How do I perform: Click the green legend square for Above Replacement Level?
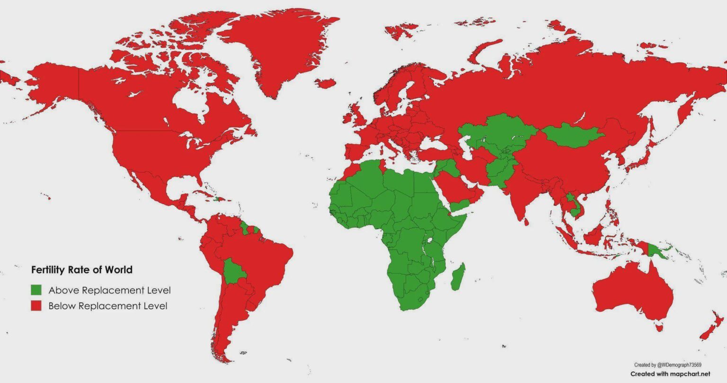pos(36,290)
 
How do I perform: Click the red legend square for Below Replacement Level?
pos(36,306)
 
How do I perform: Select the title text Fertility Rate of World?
pos(81,270)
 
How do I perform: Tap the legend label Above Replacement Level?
pos(109,290)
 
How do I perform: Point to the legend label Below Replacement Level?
pos(108,306)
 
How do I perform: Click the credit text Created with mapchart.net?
pos(670,374)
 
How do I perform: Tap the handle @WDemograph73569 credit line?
pos(667,365)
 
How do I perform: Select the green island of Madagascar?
pos(458,276)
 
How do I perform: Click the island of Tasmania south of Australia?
pos(658,326)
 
